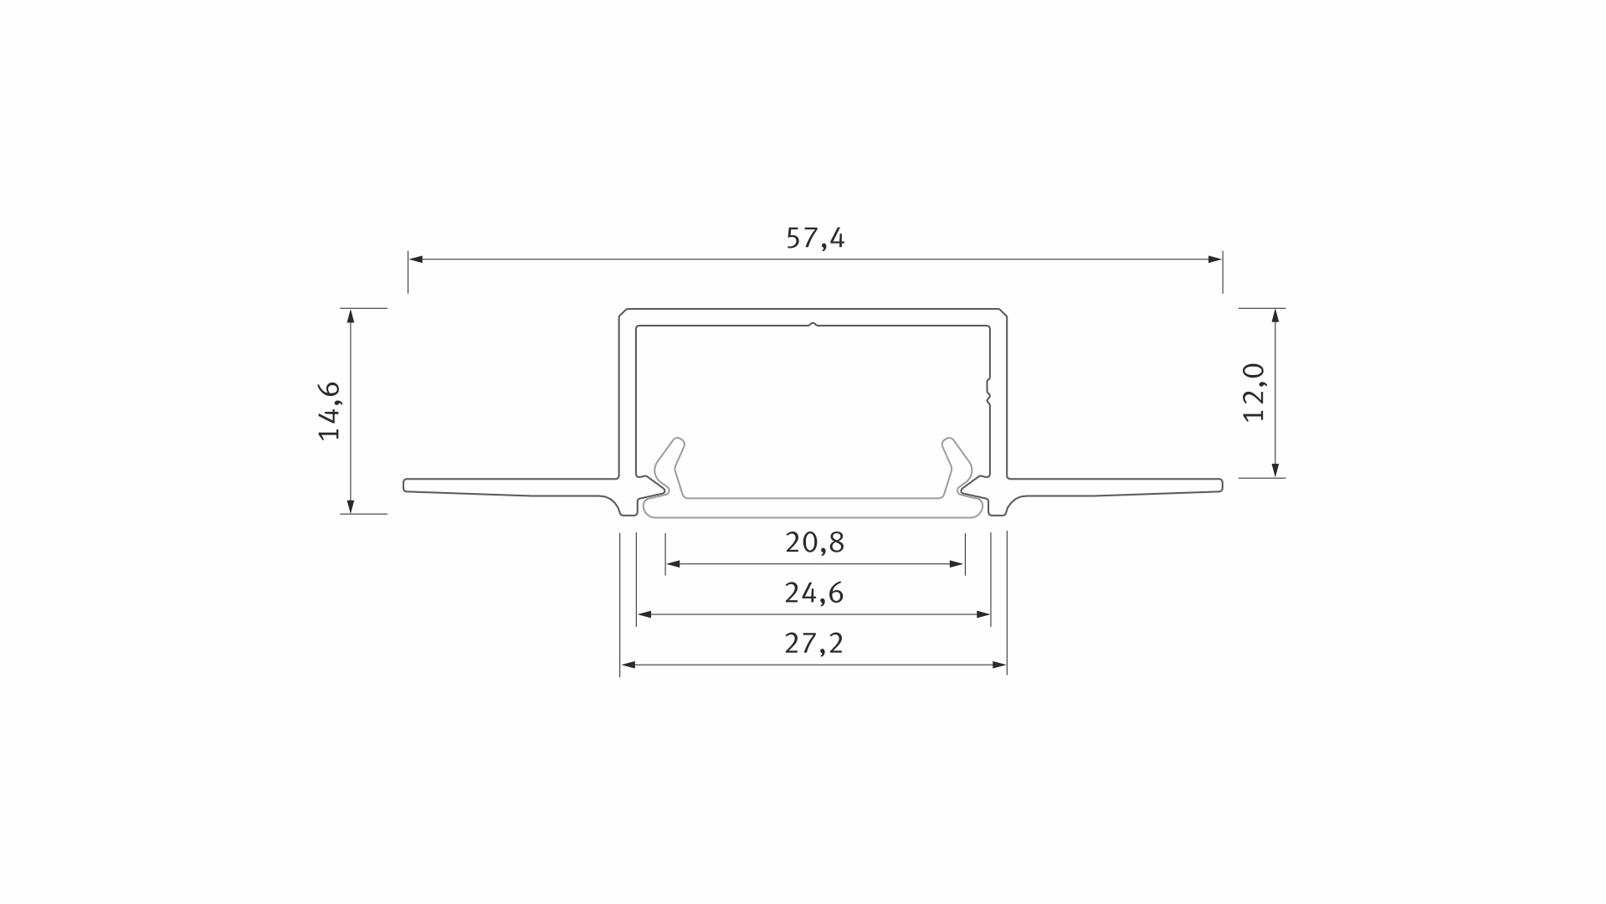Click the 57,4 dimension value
point(815,239)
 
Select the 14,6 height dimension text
point(330,410)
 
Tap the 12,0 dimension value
point(1255,393)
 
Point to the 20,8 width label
point(815,542)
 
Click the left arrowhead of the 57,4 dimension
point(415,259)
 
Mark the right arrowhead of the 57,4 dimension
point(1215,259)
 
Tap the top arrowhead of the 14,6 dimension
point(351,316)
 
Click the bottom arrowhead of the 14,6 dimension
point(351,506)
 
